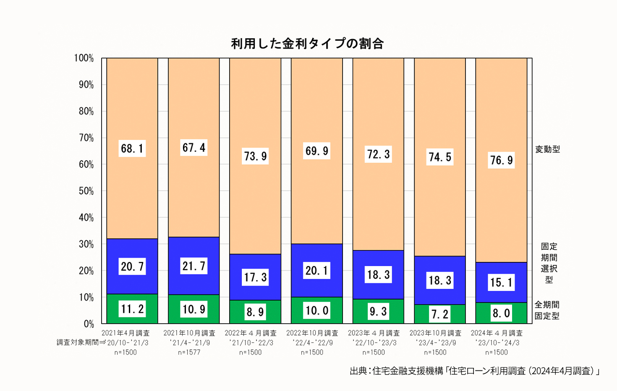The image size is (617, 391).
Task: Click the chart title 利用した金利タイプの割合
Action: [x=307, y=44]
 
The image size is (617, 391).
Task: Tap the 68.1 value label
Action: [x=132, y=148]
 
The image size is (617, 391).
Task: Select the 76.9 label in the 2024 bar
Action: [x=502, y=160]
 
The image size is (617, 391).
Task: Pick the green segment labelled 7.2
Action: [x=440, y=314]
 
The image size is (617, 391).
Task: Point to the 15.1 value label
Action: [x=502, y=282]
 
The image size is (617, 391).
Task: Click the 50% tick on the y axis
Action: [x=86, y=191]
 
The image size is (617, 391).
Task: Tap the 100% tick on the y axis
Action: [x=84, y=58]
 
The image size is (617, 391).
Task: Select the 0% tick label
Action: [x=89, y=324]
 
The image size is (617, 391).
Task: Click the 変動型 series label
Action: [x=547, y=149]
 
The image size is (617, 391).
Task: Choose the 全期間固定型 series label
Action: [x=547, y=310]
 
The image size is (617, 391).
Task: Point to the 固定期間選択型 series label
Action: [x=549, y=263]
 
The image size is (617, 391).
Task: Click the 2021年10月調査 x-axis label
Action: [x=189, y=333]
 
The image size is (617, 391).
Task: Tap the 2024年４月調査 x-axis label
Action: [x=497, y=333]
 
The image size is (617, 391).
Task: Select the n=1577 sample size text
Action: [x=189, y=352]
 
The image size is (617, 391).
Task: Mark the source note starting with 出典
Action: [x=474, y=371]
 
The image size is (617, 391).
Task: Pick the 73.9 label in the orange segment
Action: [x=256, y=156]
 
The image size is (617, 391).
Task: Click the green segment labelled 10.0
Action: [x=317, y=310]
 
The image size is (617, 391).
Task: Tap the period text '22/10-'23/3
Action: [x=374, y=343]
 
